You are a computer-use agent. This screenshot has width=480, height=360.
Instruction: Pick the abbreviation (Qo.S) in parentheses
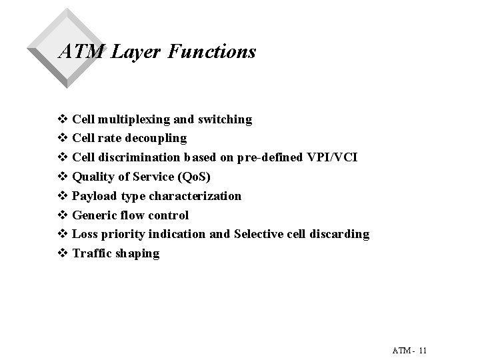click(193, 177)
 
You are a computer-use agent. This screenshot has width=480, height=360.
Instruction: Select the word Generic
click(94, 215)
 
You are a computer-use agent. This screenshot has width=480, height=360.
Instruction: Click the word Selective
click(257, 234)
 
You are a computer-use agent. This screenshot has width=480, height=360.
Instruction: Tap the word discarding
click(338, 234)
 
